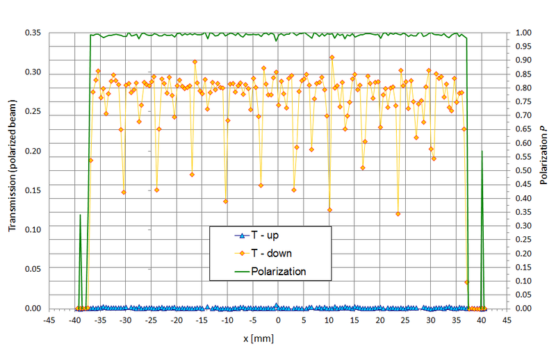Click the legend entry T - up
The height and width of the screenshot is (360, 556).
265,236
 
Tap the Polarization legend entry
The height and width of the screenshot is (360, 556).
278,271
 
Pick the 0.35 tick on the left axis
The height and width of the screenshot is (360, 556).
33,33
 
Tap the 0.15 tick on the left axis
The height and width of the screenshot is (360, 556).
33,190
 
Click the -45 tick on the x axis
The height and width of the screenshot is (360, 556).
49,320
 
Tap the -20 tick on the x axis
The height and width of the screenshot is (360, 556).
176,320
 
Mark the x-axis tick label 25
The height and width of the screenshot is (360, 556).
405,320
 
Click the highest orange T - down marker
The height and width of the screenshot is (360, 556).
332,57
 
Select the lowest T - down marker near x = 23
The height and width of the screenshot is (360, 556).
398,213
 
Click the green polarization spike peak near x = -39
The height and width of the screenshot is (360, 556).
80,215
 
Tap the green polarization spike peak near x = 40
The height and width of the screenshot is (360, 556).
482,151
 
